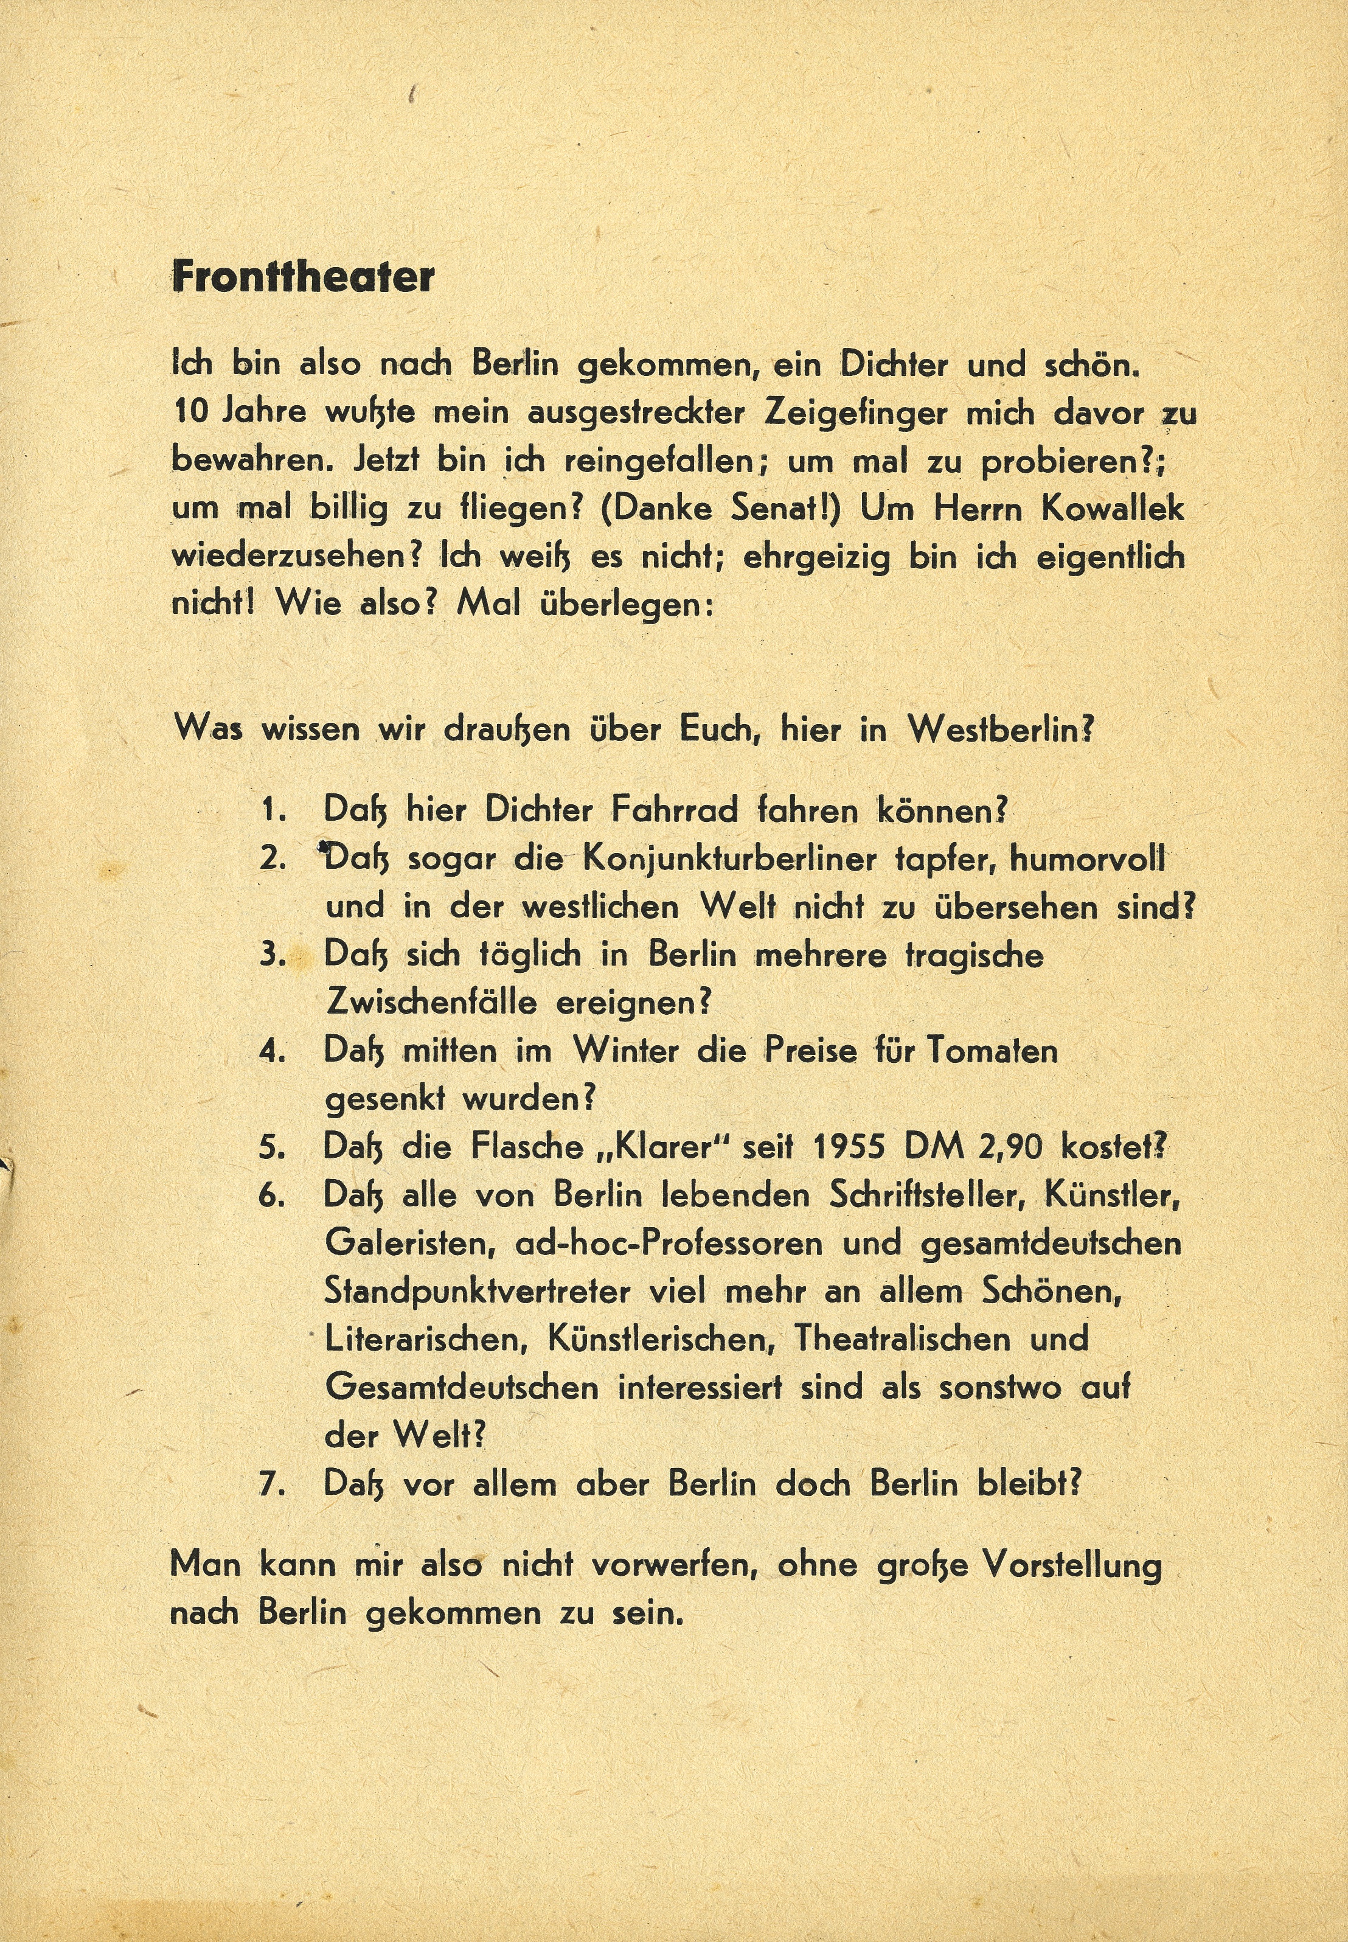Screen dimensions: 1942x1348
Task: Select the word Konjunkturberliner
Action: (727, 860)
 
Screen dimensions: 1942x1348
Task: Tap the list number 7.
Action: (272, 1484)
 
